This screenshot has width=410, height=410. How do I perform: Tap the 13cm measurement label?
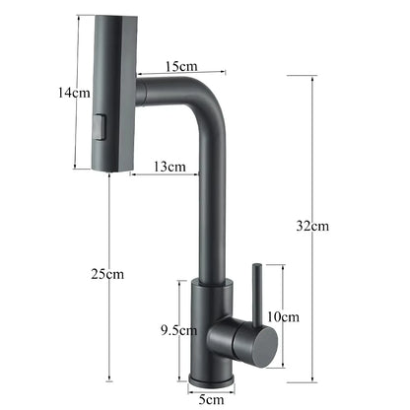point(171,167)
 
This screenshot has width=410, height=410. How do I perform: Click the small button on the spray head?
point(99,126)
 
